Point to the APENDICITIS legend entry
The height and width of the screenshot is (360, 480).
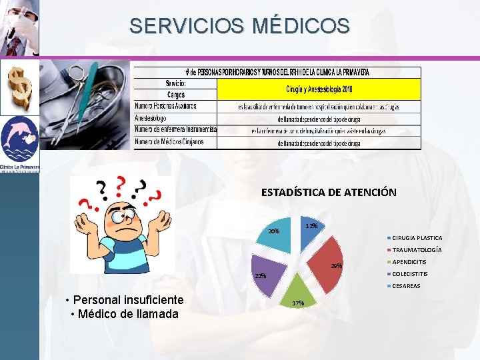pyautogui.click(x=409, y=262)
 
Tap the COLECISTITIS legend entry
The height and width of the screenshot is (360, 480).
pyautogui.click(x=410, y=274)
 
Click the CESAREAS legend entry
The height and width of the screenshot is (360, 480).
pyautogui.click(x=406, y=286)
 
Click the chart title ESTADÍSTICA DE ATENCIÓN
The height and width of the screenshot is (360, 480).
pyautogui.click(x=329, y=192)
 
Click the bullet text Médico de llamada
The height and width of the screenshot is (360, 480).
pyautogui.click(x=127, y=314)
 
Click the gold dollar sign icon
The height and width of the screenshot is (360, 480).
pyautogui.click(x=19, y=86)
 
